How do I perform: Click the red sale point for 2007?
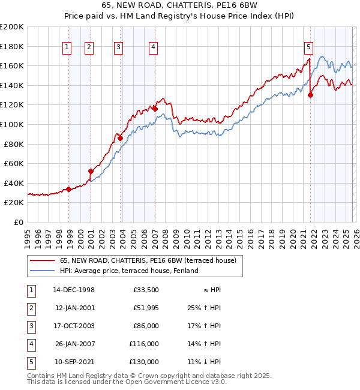155,109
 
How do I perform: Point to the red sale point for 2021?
310,95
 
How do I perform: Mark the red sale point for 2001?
91,171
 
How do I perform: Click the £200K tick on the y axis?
12,26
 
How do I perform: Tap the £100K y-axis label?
12,124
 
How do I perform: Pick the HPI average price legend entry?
128,271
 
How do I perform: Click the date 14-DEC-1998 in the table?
74,290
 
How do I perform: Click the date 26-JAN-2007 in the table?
74,344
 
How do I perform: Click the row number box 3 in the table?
30,326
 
